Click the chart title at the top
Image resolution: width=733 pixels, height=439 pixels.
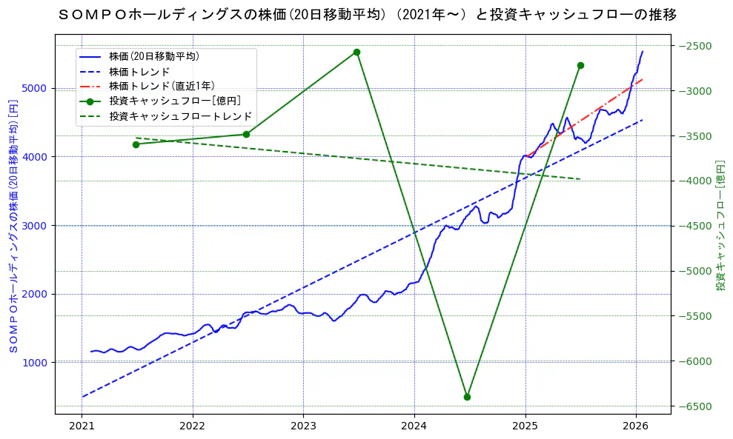[367, 15]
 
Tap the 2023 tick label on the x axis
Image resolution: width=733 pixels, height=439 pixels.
[303, 426]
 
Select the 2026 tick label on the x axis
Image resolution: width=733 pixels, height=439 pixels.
[636, 426]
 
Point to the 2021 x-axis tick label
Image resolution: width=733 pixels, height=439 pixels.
[82, 426]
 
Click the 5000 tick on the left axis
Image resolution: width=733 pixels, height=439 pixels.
[36, 88]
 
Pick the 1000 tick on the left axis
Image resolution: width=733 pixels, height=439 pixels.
[36, 363]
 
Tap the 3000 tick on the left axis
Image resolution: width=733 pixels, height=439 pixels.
[36, 226]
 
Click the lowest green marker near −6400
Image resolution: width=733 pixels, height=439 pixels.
[467, 397]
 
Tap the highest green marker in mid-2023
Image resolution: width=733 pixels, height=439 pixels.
[356, 52]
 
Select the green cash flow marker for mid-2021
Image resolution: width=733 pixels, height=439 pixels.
[136, 144]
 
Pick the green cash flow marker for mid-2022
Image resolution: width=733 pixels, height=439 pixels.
[246, 134]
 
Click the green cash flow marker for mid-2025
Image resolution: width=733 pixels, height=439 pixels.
[580, 65]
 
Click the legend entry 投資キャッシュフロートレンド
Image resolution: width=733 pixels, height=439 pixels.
[180, 116]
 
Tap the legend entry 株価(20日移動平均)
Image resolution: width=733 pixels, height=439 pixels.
[153, 56]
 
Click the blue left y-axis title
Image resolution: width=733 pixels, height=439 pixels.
[13, 226]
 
